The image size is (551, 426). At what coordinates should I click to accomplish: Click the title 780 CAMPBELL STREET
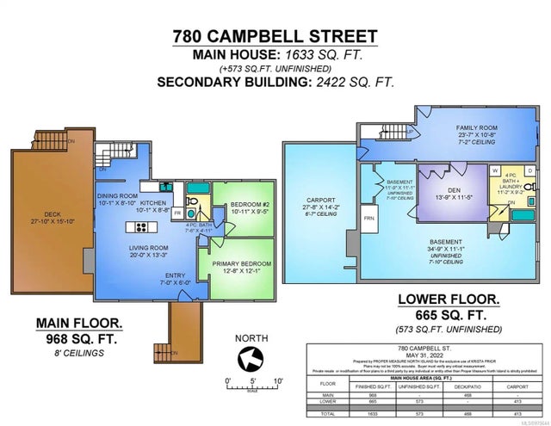pos(275,36)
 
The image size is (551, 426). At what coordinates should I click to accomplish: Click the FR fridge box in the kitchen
pos(177,212)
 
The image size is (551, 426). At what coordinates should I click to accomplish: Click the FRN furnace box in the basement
pos(369,219)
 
